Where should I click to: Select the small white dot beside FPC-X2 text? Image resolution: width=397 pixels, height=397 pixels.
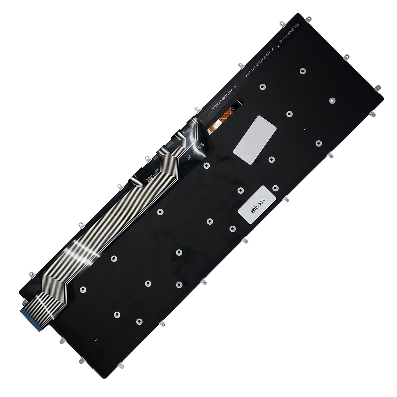(279, 47)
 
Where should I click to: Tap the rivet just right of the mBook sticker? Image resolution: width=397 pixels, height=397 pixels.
(275, 188)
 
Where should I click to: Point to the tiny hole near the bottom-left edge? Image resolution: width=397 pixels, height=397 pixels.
(95, 339)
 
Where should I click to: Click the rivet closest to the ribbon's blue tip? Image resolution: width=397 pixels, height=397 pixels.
(83, 289)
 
